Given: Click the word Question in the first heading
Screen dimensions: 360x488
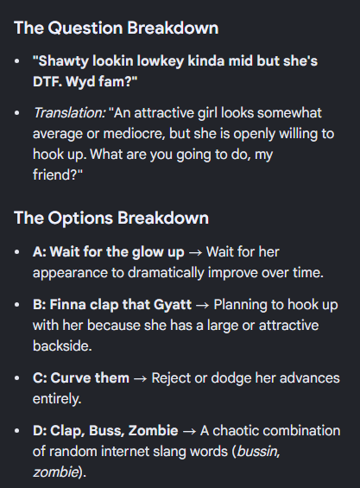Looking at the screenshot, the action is coord(85,29).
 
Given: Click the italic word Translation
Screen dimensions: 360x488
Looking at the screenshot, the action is coord(69,112).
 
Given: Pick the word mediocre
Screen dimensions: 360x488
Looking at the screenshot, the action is coord(134,134).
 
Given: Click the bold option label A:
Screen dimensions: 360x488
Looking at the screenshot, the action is coord(40,252).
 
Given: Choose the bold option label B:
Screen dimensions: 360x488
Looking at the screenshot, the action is coord(40,305).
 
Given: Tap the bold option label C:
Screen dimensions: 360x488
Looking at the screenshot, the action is coord(40,378).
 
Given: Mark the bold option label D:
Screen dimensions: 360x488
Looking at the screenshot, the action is coord(40,431).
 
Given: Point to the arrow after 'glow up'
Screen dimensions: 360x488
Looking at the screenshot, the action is coord(195,252).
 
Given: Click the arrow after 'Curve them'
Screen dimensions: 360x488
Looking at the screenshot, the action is coord(140,379).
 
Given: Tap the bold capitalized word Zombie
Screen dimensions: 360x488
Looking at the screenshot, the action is coord(153,431).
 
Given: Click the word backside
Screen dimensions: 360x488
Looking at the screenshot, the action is coord(62,346).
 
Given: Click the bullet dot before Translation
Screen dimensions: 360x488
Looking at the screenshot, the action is coord(17,113).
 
